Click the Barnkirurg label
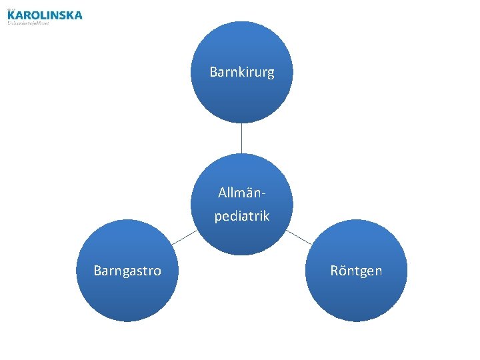(x=241, y=72)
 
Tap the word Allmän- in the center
(x=241, y=193)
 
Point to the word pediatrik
(x=241, y=217)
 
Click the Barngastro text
(x=127, y=271)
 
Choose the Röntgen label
(x=356, y=271)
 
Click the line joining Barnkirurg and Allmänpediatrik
(x=241, y=139)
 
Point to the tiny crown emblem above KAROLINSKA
(x=10, y=9)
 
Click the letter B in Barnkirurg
(x=213, y=72)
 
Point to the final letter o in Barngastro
(x=157, y=271)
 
